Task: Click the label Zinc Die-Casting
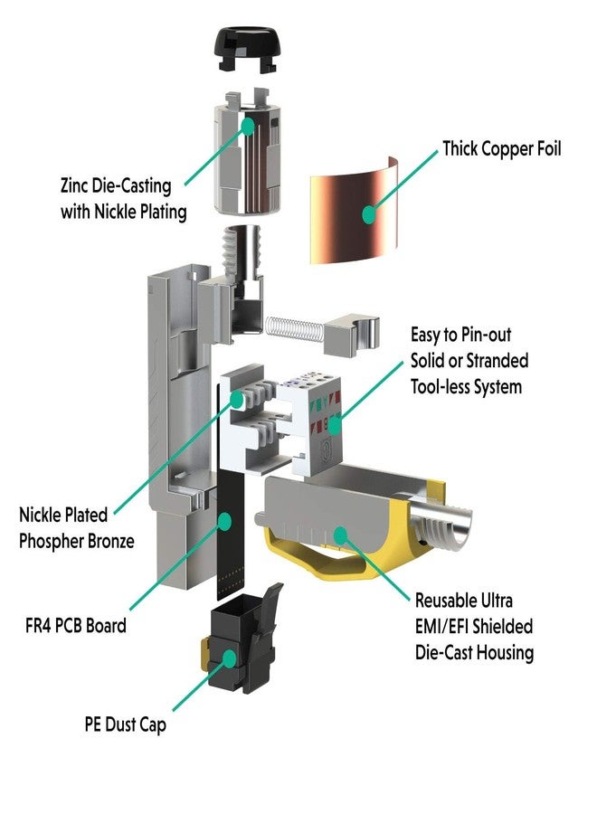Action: click(x=115, y=186)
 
